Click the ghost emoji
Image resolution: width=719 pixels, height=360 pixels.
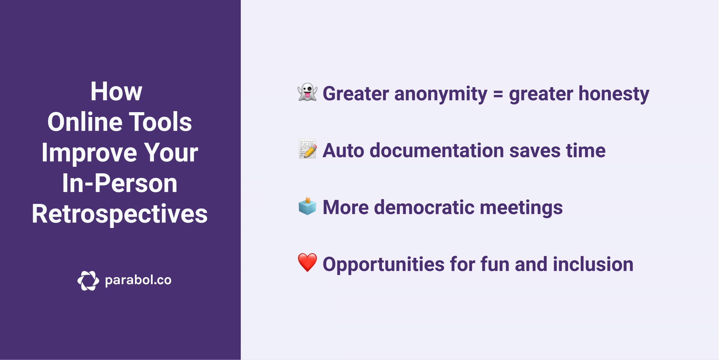(x=307, y=92)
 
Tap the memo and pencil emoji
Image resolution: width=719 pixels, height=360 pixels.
(x=308, y=149)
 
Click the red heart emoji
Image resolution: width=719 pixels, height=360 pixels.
(x=307, y=262)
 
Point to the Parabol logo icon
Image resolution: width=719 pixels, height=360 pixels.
(x=88, y=280)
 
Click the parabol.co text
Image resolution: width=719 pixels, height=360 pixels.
(x=138, y=280)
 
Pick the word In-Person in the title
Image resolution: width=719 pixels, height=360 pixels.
(x=120, y=183)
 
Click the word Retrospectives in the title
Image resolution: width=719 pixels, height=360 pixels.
(x=120, y=214)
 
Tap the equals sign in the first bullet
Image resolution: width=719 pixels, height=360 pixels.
(x=498, y=94)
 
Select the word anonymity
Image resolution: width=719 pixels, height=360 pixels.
(x=441, y=94)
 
